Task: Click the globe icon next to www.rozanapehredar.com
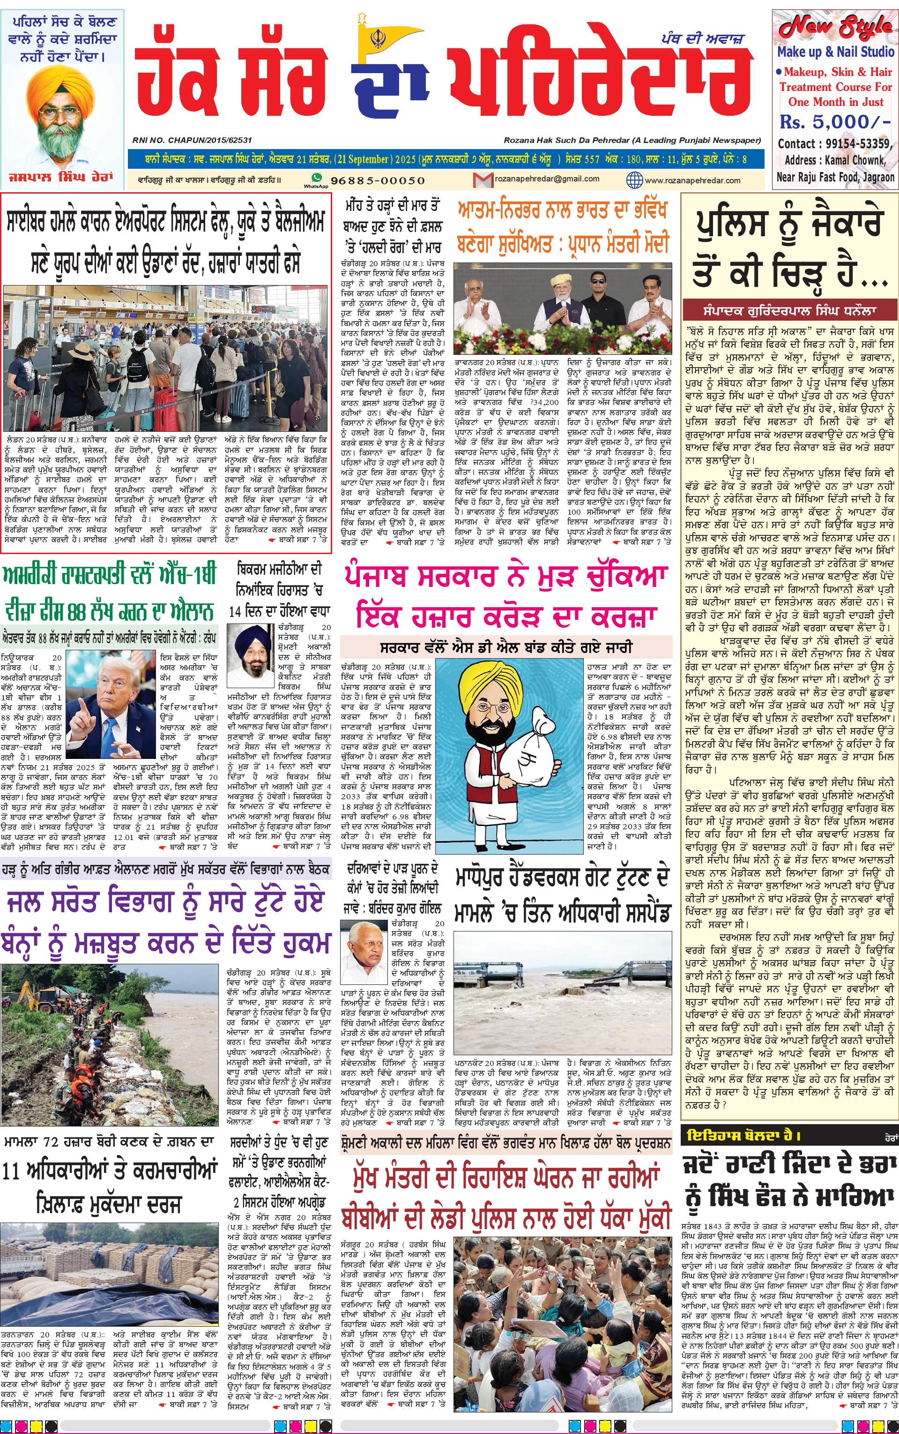point(634,179)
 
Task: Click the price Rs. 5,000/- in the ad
point(835,122)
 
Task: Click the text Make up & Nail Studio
point(835,52)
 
